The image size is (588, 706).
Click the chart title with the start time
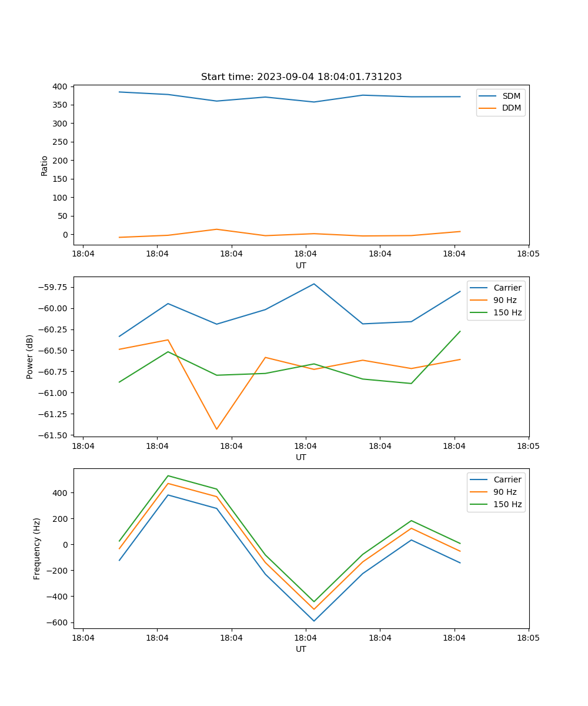pyautogui.click(x=301, y=77)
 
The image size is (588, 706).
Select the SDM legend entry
pyautogui.click(x=511, y=96)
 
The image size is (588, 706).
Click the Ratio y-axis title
pyautogui.click(x=45, y=165)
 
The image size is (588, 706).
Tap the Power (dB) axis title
pyautogui.click(x=30, y=357)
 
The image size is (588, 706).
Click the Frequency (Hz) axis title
pyautogui.click(x=37, y=548)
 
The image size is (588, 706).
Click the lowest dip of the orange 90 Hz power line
pyautogui.click(x=216, y=429)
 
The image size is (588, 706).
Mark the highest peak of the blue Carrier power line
pyautogui.click(x=314, y=284)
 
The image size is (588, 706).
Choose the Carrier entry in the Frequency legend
pyautogui.click(x=507, y=479)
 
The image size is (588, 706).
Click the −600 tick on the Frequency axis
pyautogui.click(x=58, y=622)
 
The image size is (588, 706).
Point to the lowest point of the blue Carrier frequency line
pyautogui.click(x=314, y=621)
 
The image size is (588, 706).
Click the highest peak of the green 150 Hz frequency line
pyautogui.click(x=168, y=475)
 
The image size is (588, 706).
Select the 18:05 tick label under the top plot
pyautogui.click(x=528, y=254)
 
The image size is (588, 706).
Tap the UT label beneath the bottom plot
pyautogui.click(x=301, y=649)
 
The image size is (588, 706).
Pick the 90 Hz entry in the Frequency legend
pyautogui.click(x=505, y=492)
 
